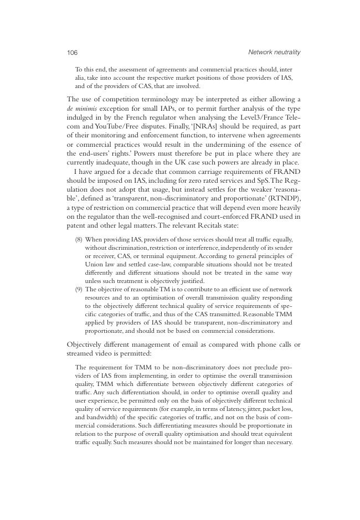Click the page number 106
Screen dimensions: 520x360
coord(72,53)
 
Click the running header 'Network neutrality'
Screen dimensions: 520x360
coord(274,52)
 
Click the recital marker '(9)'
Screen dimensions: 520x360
coord(79,290)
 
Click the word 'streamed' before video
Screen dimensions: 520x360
coord(81,353)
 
